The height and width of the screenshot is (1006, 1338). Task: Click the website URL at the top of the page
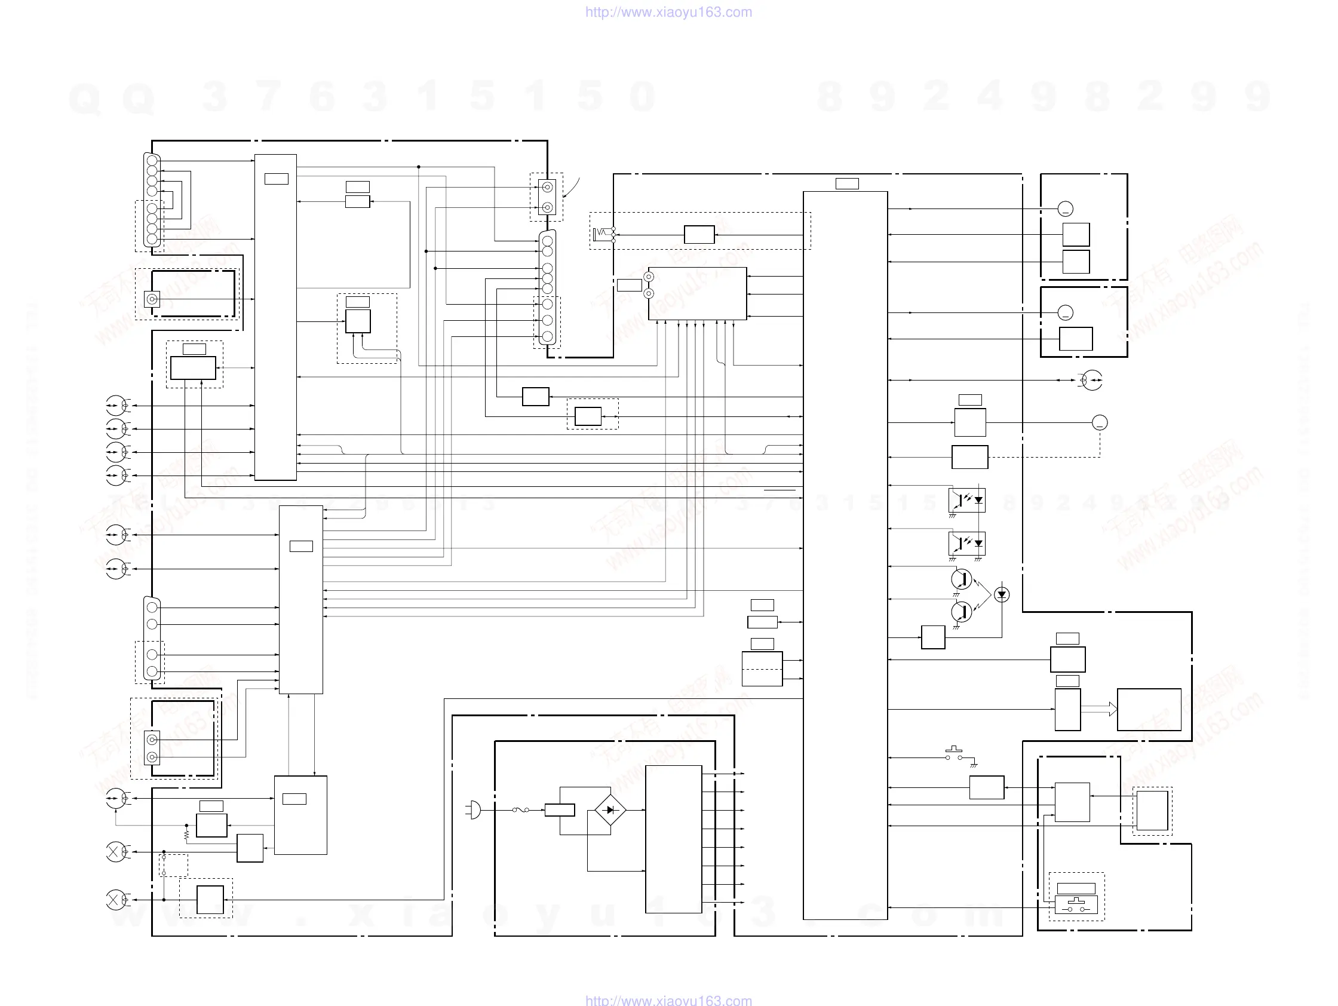668,12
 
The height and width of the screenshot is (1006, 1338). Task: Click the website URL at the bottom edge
668,1000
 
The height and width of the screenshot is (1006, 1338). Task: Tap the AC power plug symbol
474,809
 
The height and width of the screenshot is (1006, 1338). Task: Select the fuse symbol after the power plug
521,809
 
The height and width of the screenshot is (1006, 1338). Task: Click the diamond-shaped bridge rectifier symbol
610,810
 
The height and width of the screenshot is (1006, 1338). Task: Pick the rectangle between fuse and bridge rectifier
560,810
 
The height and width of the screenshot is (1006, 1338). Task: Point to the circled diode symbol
1002,594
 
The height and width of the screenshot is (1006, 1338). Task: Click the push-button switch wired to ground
955,754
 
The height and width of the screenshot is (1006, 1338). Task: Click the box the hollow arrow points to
1149,710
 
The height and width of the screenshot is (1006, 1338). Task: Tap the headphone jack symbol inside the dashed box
603,232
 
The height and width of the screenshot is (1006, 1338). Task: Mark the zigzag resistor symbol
186,835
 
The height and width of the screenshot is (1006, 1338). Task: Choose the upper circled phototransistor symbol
961,579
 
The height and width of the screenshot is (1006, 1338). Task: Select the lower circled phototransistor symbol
961,612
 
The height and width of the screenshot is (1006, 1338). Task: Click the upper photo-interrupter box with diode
966,500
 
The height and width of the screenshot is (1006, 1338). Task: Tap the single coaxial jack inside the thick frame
152,299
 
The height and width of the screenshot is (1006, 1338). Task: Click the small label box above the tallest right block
847,183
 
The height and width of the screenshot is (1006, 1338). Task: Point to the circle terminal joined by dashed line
1100,423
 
